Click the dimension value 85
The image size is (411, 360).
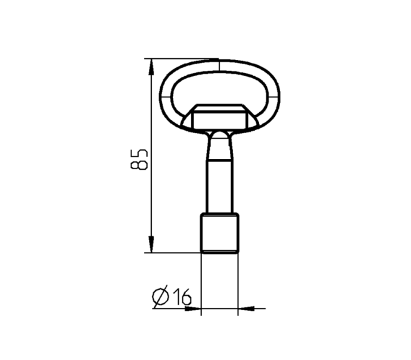(x=139, y=160)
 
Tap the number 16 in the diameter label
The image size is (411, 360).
(x=182, y=296)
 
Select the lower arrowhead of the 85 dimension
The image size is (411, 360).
(x=151, y=244)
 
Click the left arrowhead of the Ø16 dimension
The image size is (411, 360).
(x=193, y=308)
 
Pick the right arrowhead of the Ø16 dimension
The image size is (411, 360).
(x=246, y=308)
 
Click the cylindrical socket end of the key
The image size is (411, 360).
(x=220, y=233)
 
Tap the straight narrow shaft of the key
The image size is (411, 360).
(x=220, y=186)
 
